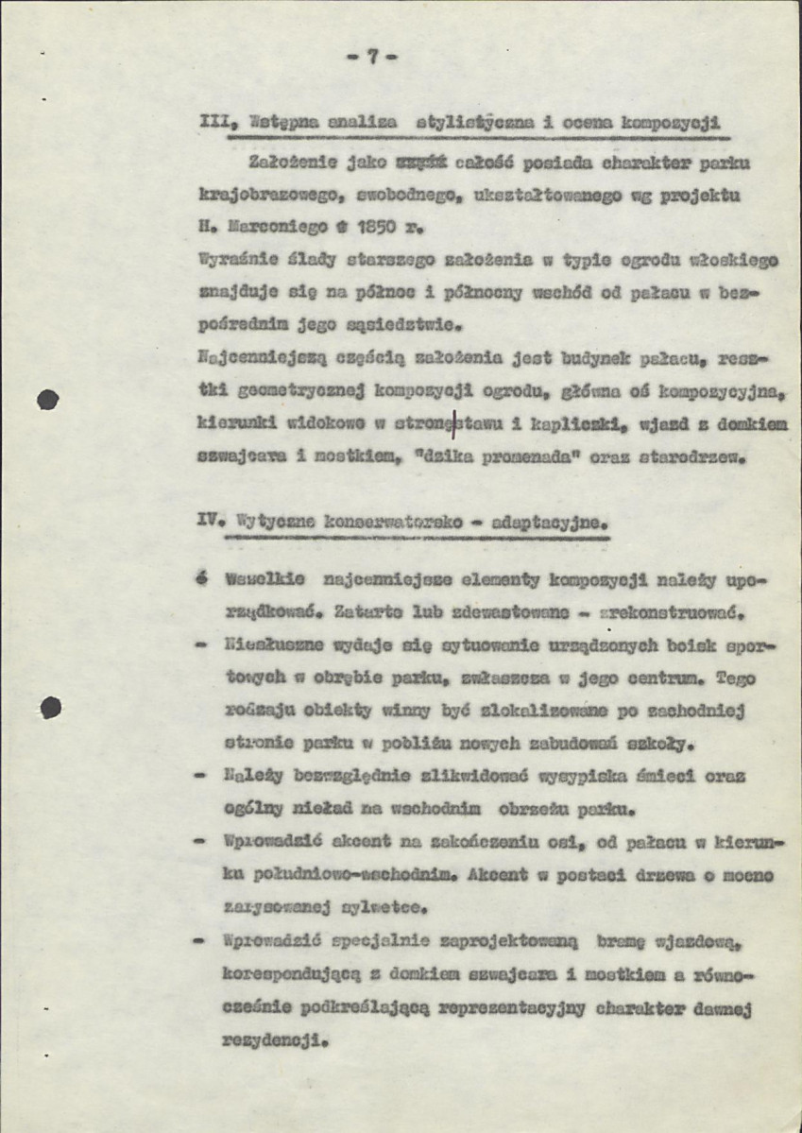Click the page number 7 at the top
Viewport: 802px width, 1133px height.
pyautogui.click(x=372, y=57)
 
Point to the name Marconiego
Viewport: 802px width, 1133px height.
pyautogui.click(x=274, y=228)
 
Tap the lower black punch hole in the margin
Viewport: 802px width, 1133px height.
pyautogui.click(x=50, y=704)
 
